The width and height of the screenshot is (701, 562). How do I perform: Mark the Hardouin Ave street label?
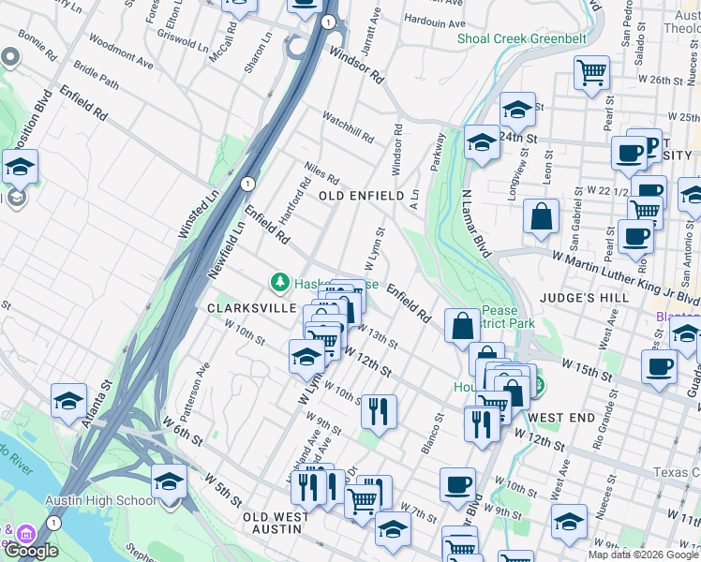click(x=433, y=21)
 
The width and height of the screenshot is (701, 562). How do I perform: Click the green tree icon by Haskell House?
click(x=278, y=281)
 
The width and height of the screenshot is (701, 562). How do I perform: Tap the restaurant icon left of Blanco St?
click(x=379, y=410)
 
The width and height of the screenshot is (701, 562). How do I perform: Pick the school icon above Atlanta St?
click(x=69, y=401)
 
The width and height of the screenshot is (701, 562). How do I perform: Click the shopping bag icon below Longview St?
click(x=542, y=215)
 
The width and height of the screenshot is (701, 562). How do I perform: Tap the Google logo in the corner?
click(x=31, y=550)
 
